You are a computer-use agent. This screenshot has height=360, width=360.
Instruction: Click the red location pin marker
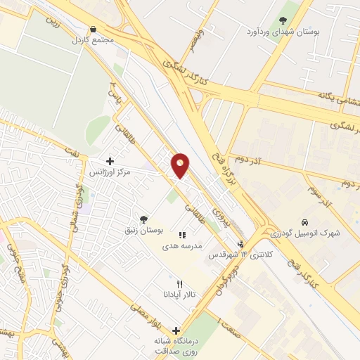pyautogui.click(x=181, y=165)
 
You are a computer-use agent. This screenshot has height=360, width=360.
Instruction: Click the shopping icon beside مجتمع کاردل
pyautogui.click(x=92, y=29)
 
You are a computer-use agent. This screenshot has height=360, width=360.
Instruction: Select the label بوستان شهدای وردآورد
pyautogui.click(x=283, y=32)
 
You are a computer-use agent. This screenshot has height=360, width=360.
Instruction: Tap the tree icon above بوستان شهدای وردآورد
pyautogui.click(x=283, y=20)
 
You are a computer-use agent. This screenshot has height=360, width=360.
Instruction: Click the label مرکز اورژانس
pyautogui.click(x=110, y=172)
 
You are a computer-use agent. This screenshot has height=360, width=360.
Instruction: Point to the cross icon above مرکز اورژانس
pyautogui.click(x=110, y=161)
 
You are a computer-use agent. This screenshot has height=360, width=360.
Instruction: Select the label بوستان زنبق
pyautogui.click(x=143, y=231)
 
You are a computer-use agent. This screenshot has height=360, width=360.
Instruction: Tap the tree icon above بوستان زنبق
pyautogui.click(x=143, y=219)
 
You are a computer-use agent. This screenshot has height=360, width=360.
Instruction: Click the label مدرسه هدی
pyautogui.click(x=182, y=247)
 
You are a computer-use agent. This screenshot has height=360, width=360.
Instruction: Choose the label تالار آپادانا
pyautogui.click(x=180, y=295)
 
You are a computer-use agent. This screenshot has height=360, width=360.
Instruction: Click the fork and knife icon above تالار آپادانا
pyautogui.click(x=180, y=284)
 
